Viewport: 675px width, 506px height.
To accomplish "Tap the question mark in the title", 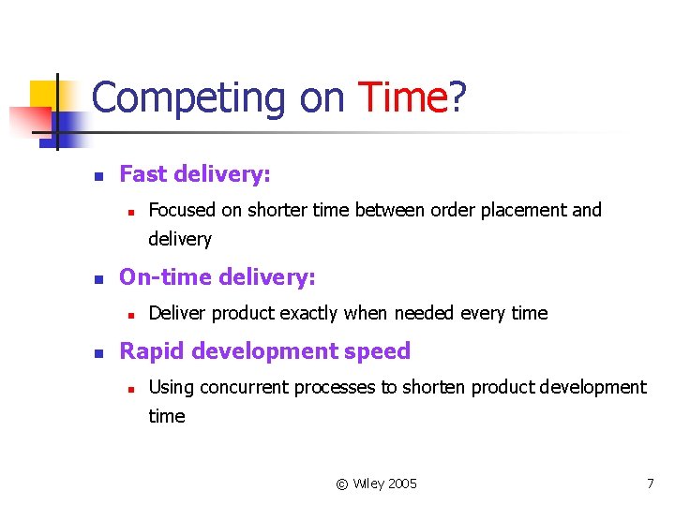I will (x=457, y=97).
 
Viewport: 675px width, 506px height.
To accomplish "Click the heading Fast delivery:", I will (x=195, y=174).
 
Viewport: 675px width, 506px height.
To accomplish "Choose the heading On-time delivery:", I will (x=217, y=277).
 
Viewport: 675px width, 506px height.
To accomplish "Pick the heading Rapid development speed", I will (x=265, y=351).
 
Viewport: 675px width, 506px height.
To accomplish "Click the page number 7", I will (x=650, y=484).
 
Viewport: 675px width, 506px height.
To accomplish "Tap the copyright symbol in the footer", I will (x=342, y=484).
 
